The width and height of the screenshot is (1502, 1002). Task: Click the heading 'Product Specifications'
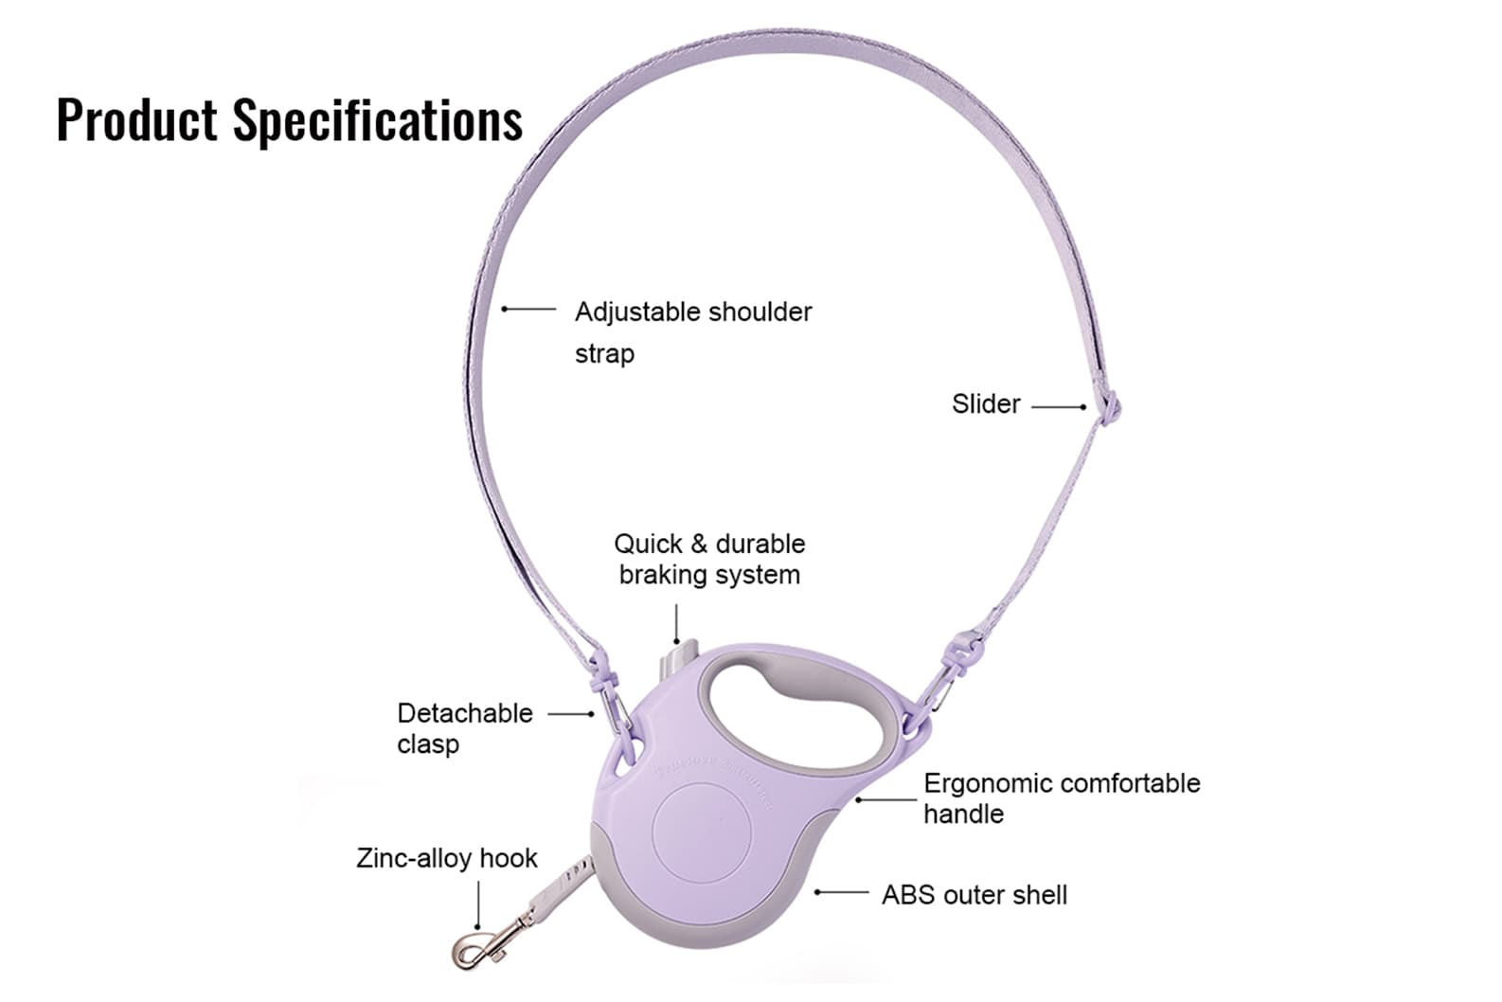(x=289, y=120)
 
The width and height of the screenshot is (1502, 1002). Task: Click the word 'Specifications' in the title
(x=378, y=120)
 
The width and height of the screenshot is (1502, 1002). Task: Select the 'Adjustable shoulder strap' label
(x=692, y=331)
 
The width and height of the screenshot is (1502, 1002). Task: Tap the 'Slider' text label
(x=986, y=404)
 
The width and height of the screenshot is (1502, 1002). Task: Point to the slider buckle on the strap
(x=1109, y=408)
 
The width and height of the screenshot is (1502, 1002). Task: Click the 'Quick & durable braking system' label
(x=708, y=559)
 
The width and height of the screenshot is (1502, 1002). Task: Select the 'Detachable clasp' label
(x=464, y=728)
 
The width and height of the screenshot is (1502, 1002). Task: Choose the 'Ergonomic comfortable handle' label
(x=1061, y=798)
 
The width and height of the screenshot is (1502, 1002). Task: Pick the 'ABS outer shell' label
(x=974, y=895)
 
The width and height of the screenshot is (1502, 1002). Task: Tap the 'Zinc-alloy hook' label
(x=446, y=858)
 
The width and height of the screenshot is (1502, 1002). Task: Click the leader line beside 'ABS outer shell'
(x=842, y=892)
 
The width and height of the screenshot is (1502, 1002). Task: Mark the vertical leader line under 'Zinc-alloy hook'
(x=478, y=904)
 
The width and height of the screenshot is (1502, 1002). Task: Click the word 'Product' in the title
(x=137, y=120)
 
